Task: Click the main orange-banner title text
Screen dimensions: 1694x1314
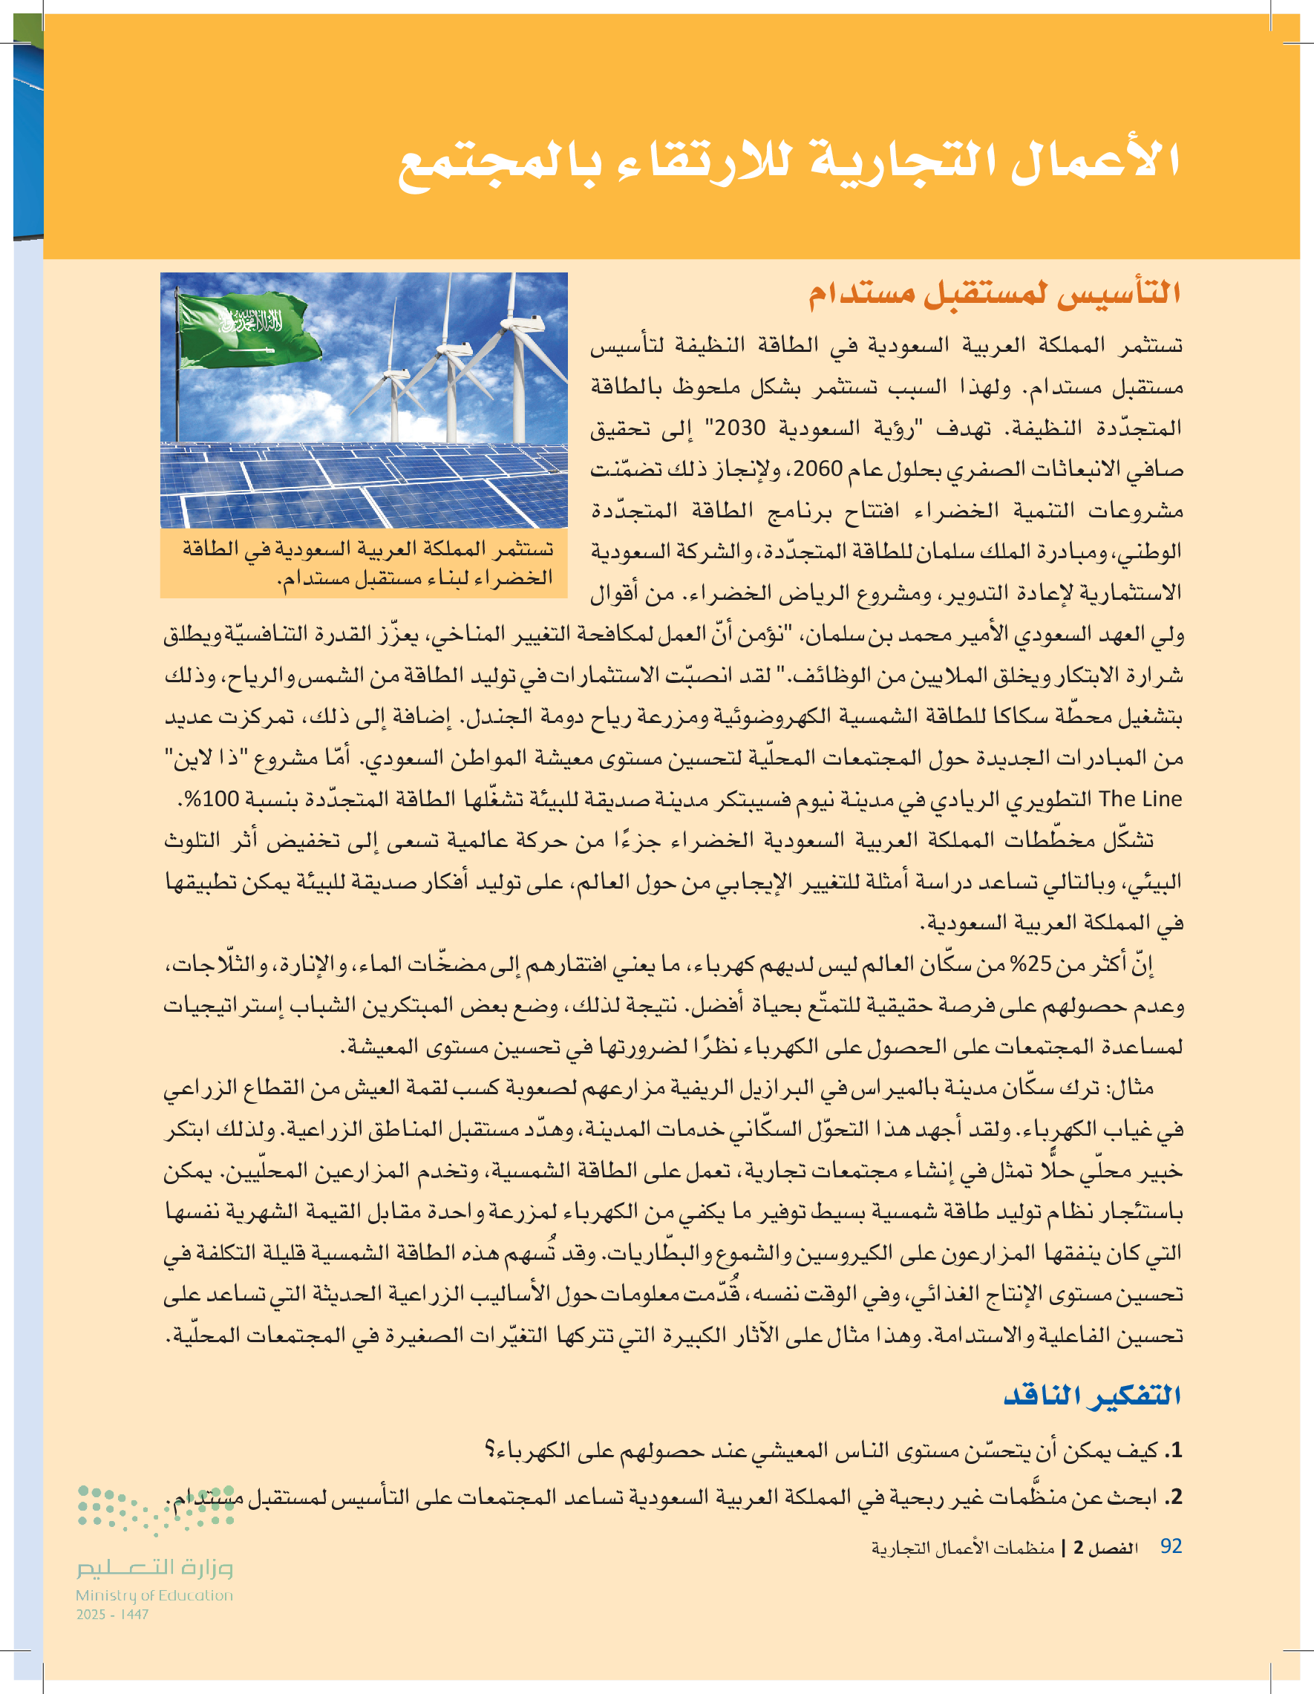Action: (x=789, y=162)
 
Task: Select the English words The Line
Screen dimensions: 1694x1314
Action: (x=1140, y=799)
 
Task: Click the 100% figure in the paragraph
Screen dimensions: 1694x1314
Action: (x=212, y=799)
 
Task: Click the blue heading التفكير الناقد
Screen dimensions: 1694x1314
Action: (x=1092, y=1396)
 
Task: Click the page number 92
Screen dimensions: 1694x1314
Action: (x=1171, y=1546)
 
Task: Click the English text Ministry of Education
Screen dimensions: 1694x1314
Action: (x=154, y=1595)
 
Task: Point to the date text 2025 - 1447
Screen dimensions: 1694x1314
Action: (x=113, y=1614)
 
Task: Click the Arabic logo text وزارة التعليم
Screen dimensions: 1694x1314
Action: (x=154, y=1569)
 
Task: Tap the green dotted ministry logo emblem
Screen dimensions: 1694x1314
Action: (x=155, y=1508)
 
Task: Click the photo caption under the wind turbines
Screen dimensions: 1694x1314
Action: (x=365, y=563)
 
